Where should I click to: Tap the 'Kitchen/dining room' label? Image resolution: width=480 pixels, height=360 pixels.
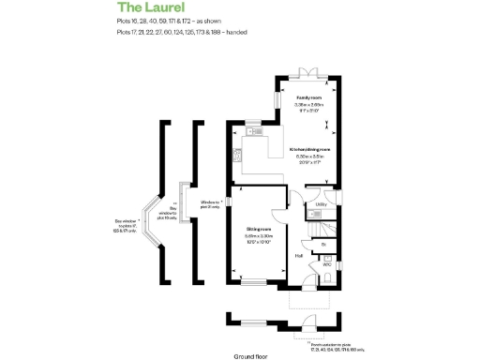point(311,149)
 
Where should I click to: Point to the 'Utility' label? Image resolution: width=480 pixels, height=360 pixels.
point(321,203)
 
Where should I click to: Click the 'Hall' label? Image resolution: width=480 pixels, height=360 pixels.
point(298,254)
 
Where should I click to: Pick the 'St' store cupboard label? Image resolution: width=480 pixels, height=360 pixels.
point(323,246)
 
